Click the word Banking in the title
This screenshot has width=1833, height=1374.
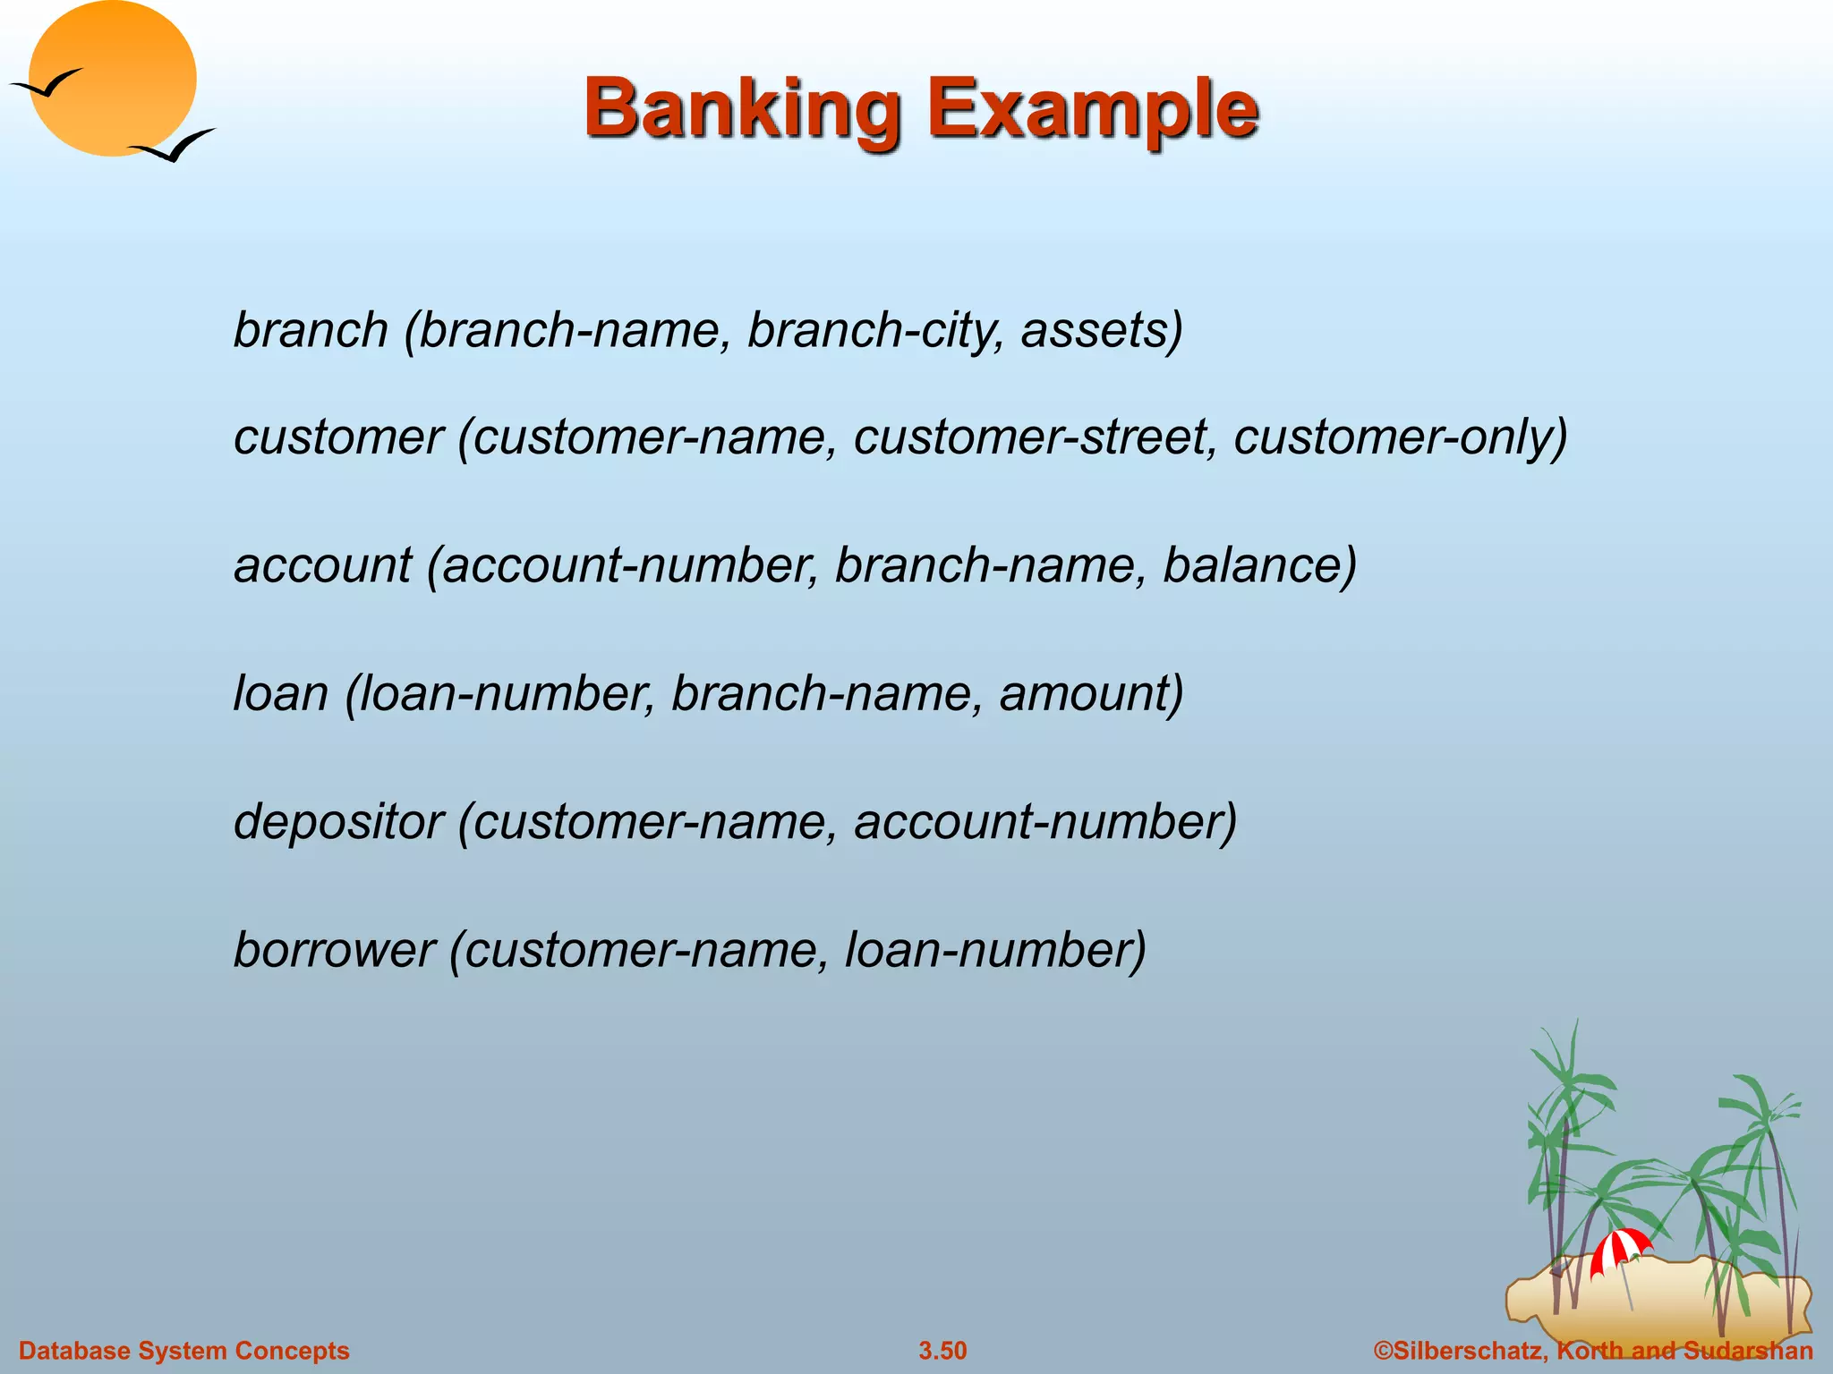(742, 109)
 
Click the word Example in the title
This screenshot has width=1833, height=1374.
(1093, 109)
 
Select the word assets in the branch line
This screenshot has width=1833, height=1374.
(1101, 330)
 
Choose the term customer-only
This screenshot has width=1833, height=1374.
(1400, 437)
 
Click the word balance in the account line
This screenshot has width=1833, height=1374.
(1258, 565)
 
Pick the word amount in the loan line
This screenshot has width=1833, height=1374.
(1090, 693)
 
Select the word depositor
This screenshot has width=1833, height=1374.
(338, 821)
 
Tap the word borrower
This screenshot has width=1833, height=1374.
(334, 949)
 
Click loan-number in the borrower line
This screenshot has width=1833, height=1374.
(994, 949)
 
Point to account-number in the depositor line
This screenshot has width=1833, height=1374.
(1044, 821)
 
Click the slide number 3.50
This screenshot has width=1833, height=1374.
(942, 1351)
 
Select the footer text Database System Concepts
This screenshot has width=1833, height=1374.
(184, 1351)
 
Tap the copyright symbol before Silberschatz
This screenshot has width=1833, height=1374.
(1383, 1351)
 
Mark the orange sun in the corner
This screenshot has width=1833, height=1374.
(112, 79)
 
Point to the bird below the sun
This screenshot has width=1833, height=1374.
(174, 146)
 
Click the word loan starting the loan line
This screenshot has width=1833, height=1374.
(281, 693)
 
